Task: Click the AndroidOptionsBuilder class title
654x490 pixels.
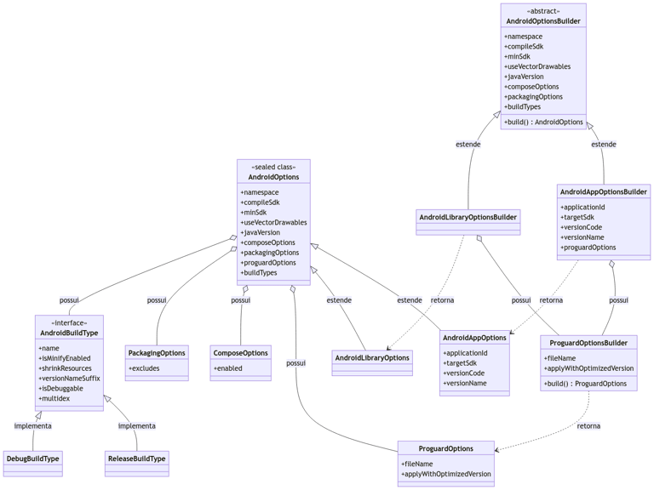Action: tap(543, 21)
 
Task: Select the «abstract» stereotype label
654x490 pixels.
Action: tap(543, 11)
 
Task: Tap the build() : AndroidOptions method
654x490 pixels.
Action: tap(543, 122)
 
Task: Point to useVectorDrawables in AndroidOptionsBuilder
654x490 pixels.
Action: tap(537, 66)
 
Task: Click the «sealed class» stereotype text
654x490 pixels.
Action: tap(273, 167)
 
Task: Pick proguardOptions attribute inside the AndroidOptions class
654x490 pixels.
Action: tap(268, 263)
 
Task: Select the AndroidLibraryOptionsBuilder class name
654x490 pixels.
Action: tap(468, 217)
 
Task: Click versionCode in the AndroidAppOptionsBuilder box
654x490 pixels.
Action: tap(582, 227)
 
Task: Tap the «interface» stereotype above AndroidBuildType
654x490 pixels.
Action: tap(69, 323)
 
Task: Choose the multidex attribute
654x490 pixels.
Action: tap(54, 399)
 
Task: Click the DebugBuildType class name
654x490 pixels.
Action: tap(33, 459)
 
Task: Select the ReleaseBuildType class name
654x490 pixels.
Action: tap(137, 459)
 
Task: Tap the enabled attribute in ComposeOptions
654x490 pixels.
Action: tap(227, 368)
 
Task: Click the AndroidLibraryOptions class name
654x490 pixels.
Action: tap(372, 358)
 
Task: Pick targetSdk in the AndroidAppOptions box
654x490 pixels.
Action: tap(460, 363)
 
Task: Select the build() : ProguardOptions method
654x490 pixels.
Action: tap(585, 384)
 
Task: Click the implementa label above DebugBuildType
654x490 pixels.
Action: tap(33, 426)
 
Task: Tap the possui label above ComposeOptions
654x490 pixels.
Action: tap(241, 300)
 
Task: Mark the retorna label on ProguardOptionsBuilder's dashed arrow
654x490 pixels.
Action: tap(588, 426)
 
